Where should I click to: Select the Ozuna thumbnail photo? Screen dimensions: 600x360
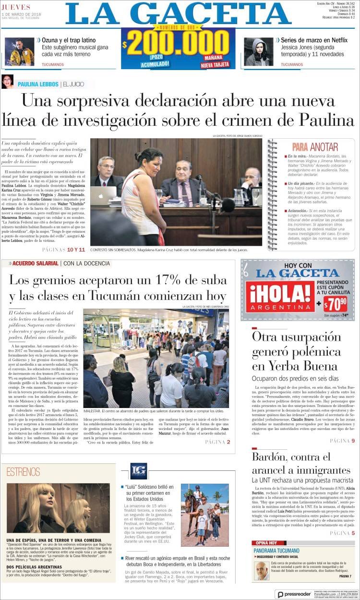[19, 52]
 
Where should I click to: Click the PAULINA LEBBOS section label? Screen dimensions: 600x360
[38, 84]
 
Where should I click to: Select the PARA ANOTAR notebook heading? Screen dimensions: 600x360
[315, 147]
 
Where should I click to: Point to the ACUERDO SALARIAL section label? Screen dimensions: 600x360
[36, 264]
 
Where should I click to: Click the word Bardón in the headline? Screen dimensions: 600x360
[273, 456]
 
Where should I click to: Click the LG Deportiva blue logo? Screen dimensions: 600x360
[138, 471]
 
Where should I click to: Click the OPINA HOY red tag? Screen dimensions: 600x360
[265, 543]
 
